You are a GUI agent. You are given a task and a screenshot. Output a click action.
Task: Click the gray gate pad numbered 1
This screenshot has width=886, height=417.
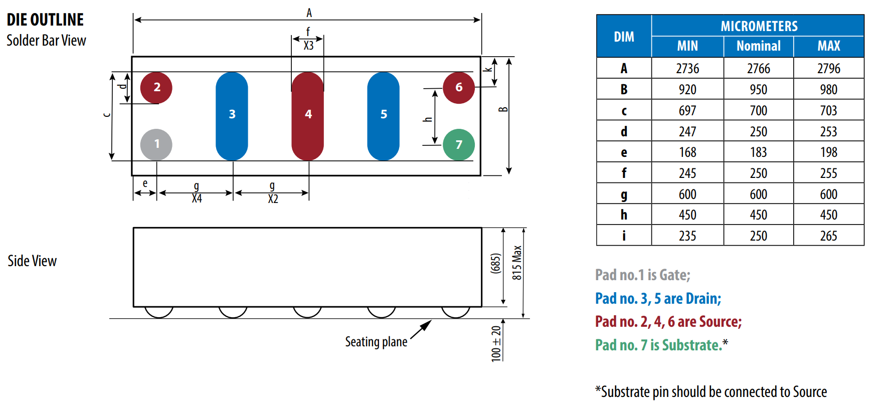156,145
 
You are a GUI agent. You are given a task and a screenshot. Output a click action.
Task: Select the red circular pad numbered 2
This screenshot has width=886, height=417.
156,88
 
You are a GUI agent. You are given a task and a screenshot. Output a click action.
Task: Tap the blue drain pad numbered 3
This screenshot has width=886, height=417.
232,116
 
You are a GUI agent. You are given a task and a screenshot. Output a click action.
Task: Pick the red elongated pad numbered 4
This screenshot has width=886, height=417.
307,116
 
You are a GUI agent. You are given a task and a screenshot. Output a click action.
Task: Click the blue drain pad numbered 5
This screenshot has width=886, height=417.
383,116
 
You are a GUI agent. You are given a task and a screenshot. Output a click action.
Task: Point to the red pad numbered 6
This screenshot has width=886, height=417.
459,88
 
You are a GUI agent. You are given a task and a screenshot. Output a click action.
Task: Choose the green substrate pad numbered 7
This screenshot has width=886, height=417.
459,145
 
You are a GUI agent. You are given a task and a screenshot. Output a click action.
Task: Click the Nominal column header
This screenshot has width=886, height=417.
759,46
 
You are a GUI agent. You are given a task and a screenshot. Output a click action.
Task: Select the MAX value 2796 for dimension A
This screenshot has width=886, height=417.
829,68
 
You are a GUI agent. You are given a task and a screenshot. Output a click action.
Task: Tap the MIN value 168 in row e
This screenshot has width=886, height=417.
687,152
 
